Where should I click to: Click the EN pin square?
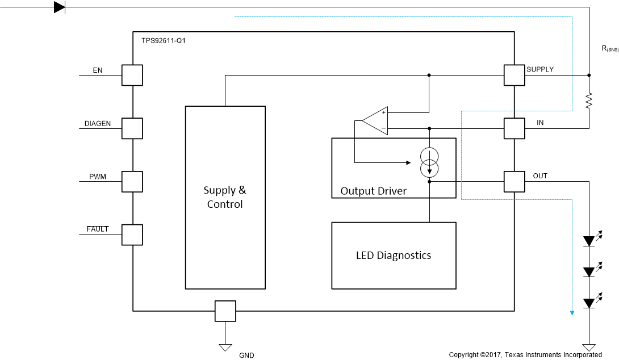click(x=132, y=75)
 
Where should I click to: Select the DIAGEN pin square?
click(x=132, y=128)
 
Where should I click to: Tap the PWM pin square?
click(x=132, y=182)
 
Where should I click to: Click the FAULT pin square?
click(x=132, y=235)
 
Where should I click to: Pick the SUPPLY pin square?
click(x=514, y=75)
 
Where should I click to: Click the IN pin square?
click(x=514, y=128)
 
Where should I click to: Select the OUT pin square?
click(x=514, y=182)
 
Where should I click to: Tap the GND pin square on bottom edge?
click(x=225, y=311)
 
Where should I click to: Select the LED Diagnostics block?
click(x=394, y=256)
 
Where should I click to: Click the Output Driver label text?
click(x=373, y=191)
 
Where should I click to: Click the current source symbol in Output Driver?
click(x=429, y=162)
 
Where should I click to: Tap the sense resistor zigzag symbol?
click(x=589, y=101)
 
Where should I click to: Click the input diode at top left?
click(x=59, y=7)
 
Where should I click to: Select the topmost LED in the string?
click(x=589, y=241)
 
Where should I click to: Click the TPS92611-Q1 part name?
click(x=163, y=41)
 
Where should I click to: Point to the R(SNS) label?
click(x=610, y=49)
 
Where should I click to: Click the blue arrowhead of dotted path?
click(x=572, y=312)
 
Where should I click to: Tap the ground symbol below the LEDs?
click(x=589, y=347)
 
